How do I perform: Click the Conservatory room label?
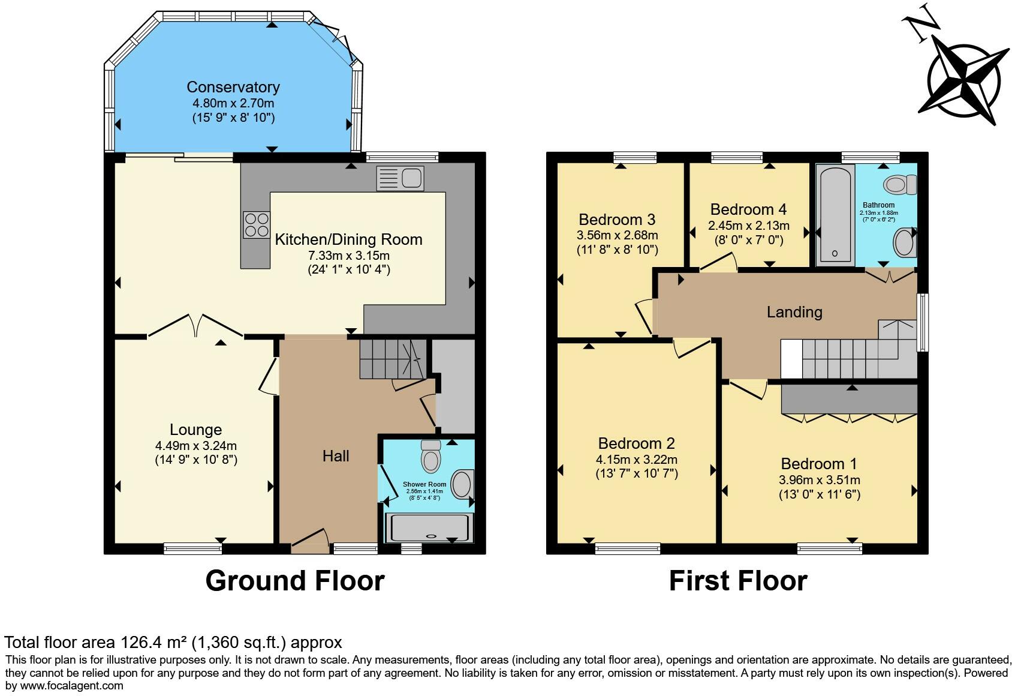coord(233,87)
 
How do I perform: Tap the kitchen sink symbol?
coord(400,179)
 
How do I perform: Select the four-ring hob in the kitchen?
coord(256,225)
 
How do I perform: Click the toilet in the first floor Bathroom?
coord(900,184)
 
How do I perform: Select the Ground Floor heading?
coord(294,581)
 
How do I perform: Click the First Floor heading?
coord(737,581)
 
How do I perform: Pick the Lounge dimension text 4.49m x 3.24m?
coord(195,446)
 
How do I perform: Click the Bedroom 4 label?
coord(748,209)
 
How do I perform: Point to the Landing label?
coord(794,312)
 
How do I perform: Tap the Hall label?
coord(336,456)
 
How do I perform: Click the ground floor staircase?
coord(392,358)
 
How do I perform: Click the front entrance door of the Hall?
coord(310,539)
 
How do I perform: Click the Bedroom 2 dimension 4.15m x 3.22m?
coord(636,460)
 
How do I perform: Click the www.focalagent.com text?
coord(72,685)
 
